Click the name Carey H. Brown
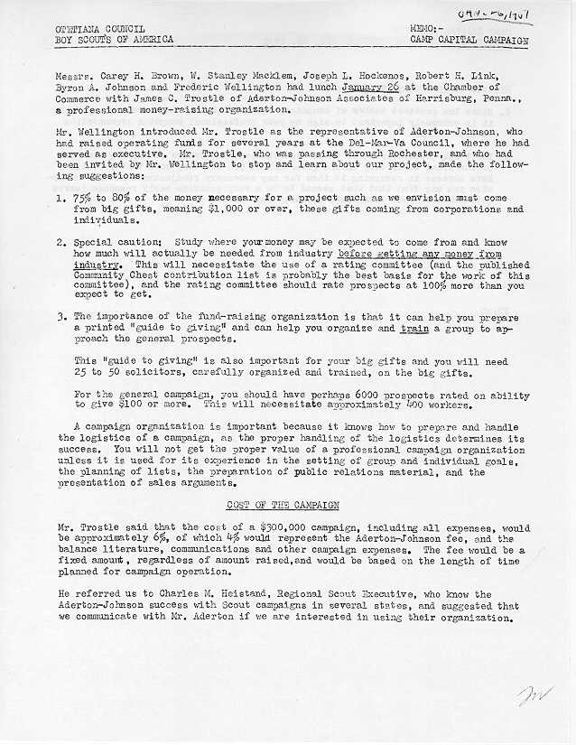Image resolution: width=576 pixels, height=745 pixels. [138, 75]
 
